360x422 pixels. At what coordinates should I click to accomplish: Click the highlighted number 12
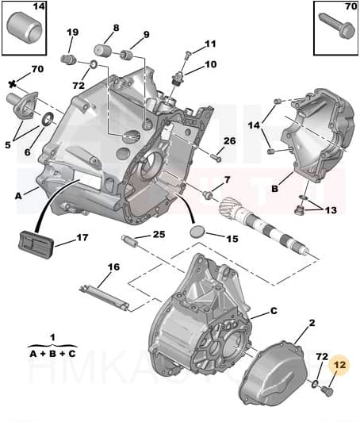[340, 365]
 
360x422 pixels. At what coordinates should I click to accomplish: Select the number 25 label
[159, 234]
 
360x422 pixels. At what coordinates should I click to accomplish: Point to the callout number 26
[229, 141]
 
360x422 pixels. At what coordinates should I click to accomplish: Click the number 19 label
[72, 33]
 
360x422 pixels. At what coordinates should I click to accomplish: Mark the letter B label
[275, 190]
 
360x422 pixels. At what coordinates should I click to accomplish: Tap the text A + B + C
[52, 355]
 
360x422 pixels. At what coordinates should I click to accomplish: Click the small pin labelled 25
[130, 240]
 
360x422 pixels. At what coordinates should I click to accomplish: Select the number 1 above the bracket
[52, 337]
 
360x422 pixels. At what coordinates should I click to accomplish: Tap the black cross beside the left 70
[12, 83]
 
